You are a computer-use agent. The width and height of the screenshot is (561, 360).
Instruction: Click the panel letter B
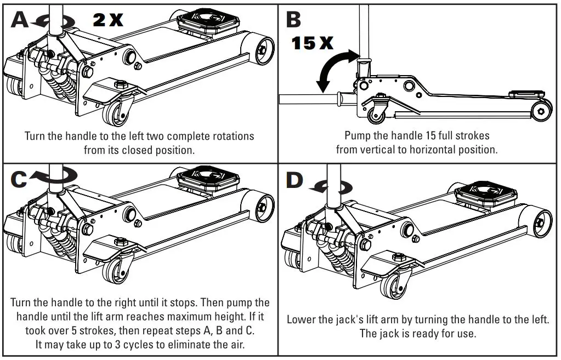[293, 19]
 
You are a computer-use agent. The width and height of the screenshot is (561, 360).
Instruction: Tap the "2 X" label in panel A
[108, 20]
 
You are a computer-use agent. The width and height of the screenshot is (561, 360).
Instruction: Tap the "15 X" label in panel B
[311, 43]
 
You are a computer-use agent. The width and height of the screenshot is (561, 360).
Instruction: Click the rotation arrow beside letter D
[329, 188]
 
